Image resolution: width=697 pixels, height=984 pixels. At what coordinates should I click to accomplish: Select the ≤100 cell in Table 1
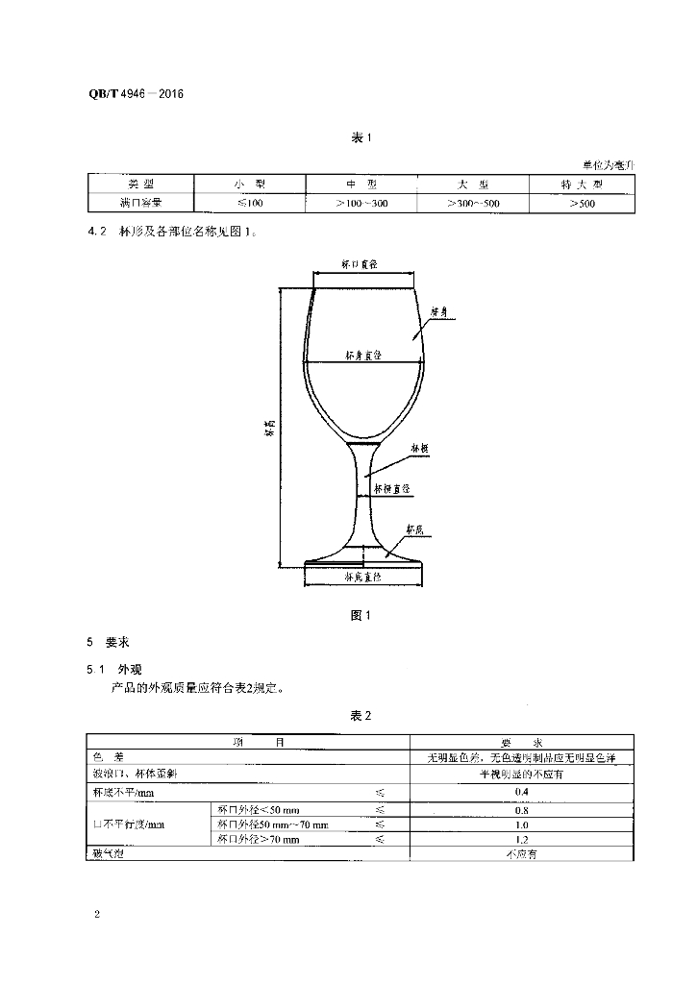pyautogui.click(x=248, y=204)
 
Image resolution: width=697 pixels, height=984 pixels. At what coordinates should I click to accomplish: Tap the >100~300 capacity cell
pyautogui.click(x=361, y=204)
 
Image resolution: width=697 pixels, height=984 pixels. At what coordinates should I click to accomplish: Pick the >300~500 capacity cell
pyautogui.click(x=472, y=204)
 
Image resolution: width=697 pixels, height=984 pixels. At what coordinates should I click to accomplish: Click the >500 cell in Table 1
pyautogui.click(x=581, y=204)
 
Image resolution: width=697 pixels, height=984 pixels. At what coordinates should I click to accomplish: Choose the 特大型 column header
pyautogui.click(x=581, y=184)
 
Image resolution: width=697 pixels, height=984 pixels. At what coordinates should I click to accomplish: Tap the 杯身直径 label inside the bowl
pyautogui.click(x=364, y=356)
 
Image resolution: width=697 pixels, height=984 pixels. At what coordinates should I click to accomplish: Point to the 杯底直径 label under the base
pyautogui.click(x=362, y=577)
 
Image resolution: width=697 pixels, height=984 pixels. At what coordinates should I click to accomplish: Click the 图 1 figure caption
pyautogui.click(x=361, y=615)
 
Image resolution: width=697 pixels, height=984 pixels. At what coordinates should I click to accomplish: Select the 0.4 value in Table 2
pyautogui.click(x=523, y=791)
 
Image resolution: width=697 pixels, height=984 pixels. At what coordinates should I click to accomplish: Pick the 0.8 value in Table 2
pyautogui.click(x=523, y=809)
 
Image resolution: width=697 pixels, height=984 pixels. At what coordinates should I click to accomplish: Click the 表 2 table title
pyautogui.click(x=361, y=717)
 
